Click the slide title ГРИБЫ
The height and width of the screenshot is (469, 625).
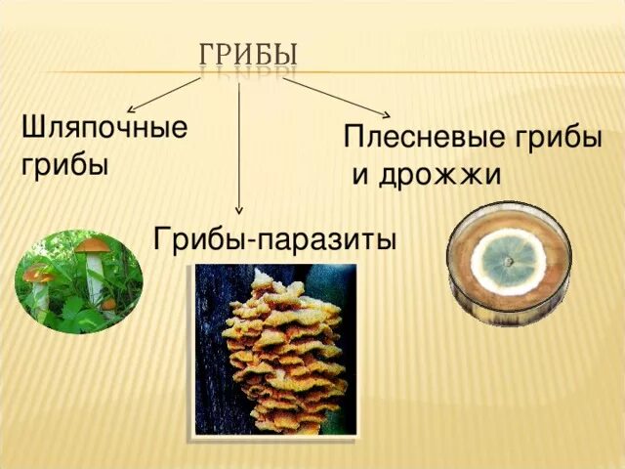click(249, 52)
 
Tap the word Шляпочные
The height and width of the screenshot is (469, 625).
click(104, 129)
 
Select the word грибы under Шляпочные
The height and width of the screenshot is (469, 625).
click(64, 162)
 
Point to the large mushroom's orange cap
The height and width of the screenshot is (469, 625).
click(94, 244)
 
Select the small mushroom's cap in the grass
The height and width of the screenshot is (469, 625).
click(40, 275)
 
